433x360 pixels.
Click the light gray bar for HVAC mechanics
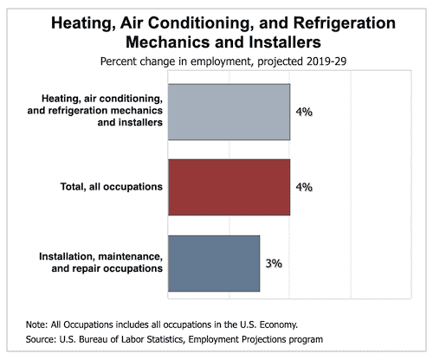coord(229,112)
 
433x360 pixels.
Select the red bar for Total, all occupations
coord(229,187)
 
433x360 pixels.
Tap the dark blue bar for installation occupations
coord(214,263)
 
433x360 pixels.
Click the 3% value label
coord(274,263)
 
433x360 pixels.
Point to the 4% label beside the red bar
coord(304,187)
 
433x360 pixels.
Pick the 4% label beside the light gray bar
coord(304,112)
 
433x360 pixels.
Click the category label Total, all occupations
coord(112,187)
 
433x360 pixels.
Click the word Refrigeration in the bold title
coord(345,23)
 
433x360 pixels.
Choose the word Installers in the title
coord(285,42)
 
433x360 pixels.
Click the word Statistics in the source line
coord(162,339)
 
